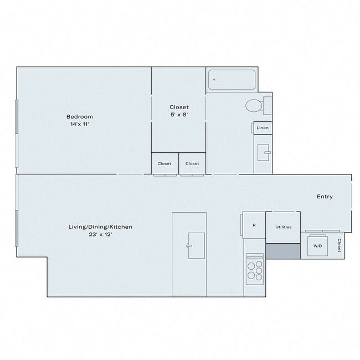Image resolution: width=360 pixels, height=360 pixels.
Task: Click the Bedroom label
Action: point(80,116)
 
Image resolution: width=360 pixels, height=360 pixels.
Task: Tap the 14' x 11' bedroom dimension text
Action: point(80,125)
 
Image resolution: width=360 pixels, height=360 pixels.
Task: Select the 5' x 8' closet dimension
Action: point(179,115)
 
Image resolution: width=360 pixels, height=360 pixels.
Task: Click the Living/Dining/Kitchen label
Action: point(100,227)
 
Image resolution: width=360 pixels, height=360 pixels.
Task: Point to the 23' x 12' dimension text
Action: point(100,235)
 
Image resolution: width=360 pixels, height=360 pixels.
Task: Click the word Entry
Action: point(325,197)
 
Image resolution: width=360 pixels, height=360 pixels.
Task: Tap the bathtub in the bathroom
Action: point(232,80)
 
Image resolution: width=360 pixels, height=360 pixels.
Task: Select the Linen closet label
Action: point(263,128)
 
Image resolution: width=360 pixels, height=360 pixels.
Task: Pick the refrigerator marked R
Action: point(254,225)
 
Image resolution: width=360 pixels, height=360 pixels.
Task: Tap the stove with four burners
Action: point(254,269)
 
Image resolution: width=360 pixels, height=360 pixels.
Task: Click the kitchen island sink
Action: point(196,245)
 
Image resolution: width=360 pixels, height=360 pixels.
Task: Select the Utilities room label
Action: point(283,227)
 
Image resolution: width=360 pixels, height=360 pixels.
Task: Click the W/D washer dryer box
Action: point(318,245)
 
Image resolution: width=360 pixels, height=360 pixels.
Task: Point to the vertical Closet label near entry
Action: point(339,245)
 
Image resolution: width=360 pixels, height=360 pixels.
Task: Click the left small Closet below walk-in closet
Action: point(164,163)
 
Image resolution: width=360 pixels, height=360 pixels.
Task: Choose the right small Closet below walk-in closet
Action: point(192,163)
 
